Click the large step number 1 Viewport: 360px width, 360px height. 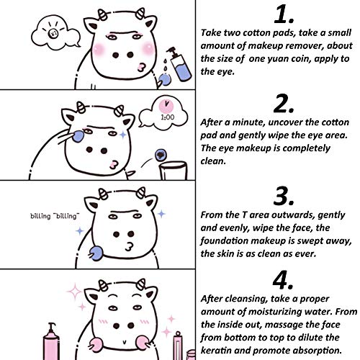pyautogui.click(x=284, y=15)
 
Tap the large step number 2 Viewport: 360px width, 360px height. pyautogui.click(x=284, y=104)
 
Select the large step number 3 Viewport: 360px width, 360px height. pyautogui.click(x=284, y=196)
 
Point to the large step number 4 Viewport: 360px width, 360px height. pyautogui.click(x=283, y=280)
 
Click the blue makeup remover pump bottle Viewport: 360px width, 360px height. pyautogui.click(x=179, y=63)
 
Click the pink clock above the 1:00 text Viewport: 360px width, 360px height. pyautogui.click(x=166, y=106)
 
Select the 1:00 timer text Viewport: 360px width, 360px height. pyautogui.click(x=168, y=117)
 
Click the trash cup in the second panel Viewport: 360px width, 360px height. pyautogui.click(x=174, y=171)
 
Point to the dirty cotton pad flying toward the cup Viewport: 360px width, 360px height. pyautogui.click(x=161, y=155)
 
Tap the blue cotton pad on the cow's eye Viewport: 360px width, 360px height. pyautogui.click(x=78, y=136)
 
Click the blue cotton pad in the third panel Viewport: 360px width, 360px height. pyautogui.click(x=96, y=253)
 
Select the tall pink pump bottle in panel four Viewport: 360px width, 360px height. pyautogui.click(x=51, y=341)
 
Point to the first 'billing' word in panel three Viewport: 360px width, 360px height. pyautogui.click(x=40, y=216)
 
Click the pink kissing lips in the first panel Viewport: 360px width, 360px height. pyautogui.click(x=142, y=67)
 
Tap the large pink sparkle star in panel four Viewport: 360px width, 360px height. pyautogui.click(x=74, y=292)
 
